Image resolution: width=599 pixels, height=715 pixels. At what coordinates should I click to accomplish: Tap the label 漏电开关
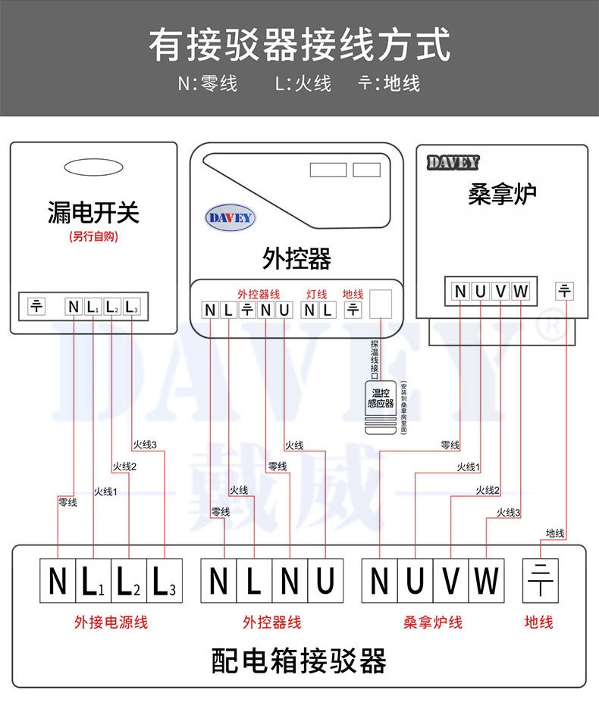click(93, 212)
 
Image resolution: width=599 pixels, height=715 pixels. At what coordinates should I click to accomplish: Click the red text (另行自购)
click(93, 236)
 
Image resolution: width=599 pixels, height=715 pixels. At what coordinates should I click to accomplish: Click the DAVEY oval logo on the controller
click(231, 218)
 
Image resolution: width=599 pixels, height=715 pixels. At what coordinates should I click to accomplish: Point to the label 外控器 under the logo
click(296, 258)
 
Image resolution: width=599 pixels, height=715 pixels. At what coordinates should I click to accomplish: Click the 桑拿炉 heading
click(502, 194)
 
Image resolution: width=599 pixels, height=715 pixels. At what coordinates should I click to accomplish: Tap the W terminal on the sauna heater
click(520, 291)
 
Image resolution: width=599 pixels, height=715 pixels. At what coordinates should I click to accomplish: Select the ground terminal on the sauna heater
click(566, 291)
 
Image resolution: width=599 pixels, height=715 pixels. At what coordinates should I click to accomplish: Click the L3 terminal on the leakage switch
click(131, 307)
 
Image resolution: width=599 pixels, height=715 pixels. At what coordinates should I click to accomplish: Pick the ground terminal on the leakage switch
click(36, 306)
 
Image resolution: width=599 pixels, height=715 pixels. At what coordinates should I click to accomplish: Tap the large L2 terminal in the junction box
click(129, 581)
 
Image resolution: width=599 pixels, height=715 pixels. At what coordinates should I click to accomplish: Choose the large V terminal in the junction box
click(451, 581)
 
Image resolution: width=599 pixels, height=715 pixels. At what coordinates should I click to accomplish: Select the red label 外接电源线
click(111, 623)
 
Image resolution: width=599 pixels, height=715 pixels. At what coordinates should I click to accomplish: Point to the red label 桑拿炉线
click(433, 623)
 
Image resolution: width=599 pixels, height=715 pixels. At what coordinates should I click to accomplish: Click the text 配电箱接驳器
click(299, 661)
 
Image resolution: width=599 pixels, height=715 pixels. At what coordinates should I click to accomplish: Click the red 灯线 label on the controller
click(316, 294)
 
